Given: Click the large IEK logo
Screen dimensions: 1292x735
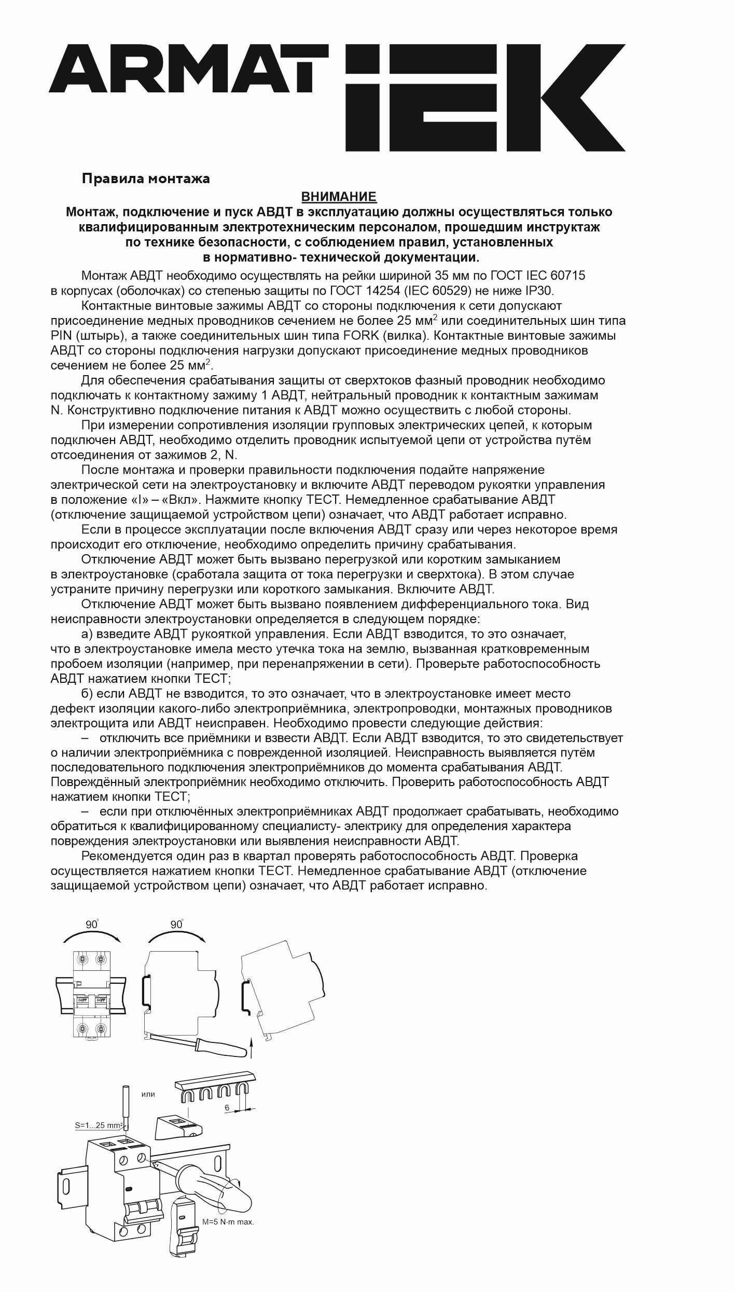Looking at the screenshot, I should click(486, 97).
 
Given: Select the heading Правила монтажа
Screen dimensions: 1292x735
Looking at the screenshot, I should click(146, 179).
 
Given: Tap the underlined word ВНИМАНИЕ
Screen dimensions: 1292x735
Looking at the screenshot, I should click(339, 197).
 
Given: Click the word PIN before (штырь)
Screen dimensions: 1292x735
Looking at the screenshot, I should click(62, 335).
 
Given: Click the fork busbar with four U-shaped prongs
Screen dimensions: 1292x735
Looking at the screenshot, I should click(214, 1086).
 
